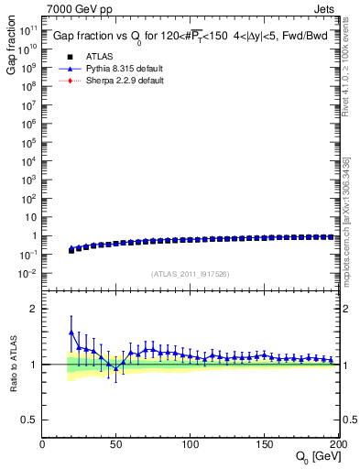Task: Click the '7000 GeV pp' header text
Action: point(77,11)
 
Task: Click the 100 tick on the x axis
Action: point(190,444)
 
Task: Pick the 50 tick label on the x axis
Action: point(116,444)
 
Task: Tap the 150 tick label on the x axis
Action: point(264,444)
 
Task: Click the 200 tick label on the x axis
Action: point(335,444)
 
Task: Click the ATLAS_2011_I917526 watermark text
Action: point(189,274)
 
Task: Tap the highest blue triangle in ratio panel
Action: point(71,332)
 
